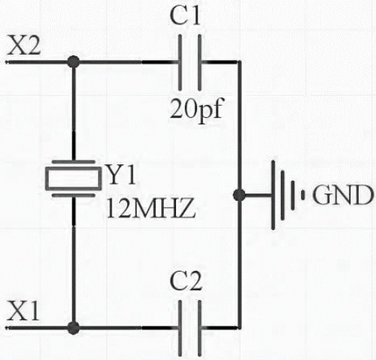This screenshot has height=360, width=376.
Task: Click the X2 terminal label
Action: pos(24,45)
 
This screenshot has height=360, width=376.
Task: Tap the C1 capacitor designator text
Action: pos(185,16)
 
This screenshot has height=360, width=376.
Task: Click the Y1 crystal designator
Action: pos(122,174)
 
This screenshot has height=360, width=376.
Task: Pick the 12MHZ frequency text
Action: pos(151,208)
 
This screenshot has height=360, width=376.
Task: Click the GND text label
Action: pos(343,195)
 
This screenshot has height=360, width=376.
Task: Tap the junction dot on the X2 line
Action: pos(73,61)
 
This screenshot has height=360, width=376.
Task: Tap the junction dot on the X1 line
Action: pos(73,328)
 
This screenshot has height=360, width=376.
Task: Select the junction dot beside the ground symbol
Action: pos(239,195)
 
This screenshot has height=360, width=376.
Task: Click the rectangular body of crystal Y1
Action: pos(73,178)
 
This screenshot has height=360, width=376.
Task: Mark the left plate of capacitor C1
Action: pos(181,62)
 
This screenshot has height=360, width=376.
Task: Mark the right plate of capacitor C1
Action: pos(199,62)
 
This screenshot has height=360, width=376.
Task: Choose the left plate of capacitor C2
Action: pos(181,328)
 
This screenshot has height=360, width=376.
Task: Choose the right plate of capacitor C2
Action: pos(199,328)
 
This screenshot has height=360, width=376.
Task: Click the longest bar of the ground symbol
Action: pos(273,195)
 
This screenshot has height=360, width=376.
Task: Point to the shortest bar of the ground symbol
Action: pos(303,195)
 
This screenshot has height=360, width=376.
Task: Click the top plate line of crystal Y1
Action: pos(73,162)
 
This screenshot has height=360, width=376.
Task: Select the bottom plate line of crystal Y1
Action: pos(73,195)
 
